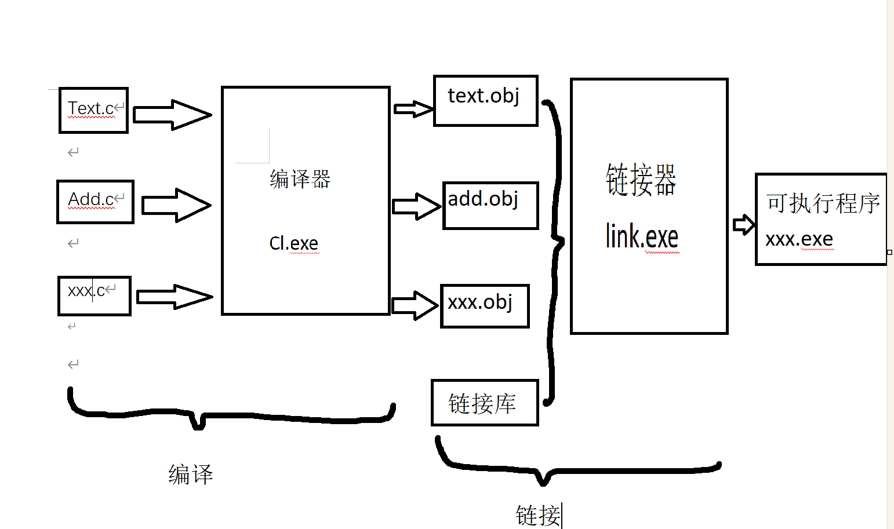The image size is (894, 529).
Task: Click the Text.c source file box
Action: coord(93,110)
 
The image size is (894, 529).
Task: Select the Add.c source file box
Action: coord(95,202)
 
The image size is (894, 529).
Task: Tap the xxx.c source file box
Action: coord(95,295)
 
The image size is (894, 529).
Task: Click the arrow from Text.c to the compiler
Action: coord(172,114)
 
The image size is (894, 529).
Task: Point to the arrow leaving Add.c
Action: coord(176,205)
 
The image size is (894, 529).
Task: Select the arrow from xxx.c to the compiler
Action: coord(175,297)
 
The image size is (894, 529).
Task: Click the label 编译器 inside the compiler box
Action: coord(300,179)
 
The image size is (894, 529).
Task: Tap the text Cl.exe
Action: coord(293,243)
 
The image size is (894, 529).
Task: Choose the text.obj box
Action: coord(486,100)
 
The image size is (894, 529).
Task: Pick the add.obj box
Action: coord(490,205)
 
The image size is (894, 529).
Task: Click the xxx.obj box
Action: coord(485,306)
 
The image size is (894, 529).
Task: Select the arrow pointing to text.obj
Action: coord(413,109)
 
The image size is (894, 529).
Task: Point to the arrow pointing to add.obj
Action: coord(416,206)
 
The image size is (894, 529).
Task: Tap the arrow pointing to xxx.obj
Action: coord(415,305)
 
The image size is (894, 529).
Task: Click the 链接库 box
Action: coord(485,403)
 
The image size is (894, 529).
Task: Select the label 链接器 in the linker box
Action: coord(641,180)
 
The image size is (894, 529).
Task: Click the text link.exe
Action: coord(642,236)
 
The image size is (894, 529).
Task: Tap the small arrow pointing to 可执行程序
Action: coord(743,224)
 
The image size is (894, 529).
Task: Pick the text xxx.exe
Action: coord(799,239)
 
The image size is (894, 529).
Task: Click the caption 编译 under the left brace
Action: coord(191,475)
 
